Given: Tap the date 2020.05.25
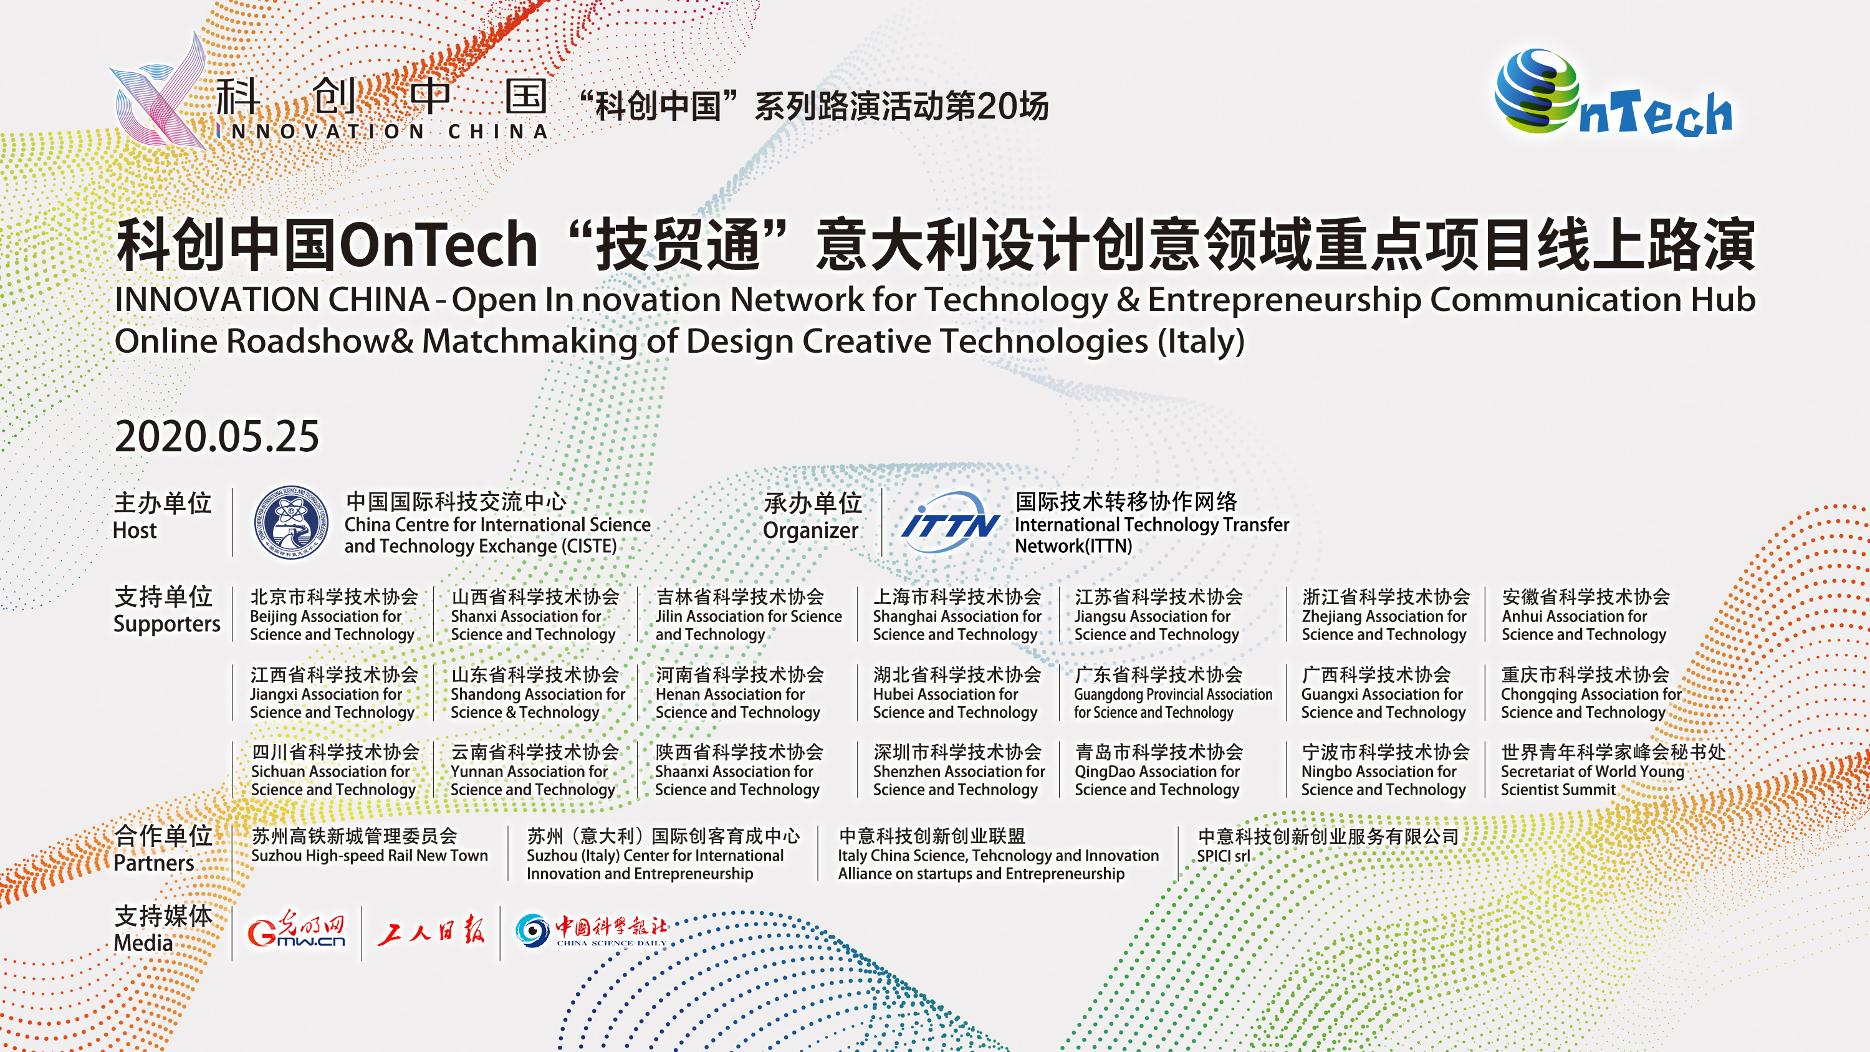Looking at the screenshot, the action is (x=217, y=436).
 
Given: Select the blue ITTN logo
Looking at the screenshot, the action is (x=950, y=523).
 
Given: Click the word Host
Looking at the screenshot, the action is (x=135, y=531).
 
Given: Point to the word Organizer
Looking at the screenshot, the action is (x=811, y=532).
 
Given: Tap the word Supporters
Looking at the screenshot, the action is (x=167, y=624).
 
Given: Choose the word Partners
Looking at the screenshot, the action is (x=154, y=863).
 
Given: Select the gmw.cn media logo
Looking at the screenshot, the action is (x=297, y=929).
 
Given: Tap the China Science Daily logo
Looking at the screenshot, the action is (x=591, y=930).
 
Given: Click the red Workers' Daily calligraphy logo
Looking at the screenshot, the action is (x=431, y=929).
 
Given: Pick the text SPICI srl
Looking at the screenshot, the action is (x=1224, y=856).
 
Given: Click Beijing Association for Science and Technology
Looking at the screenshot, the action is (x=332, y=625).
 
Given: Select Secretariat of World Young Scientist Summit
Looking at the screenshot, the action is (x=1592, y=780).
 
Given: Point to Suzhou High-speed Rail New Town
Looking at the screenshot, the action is (x=370, y=856).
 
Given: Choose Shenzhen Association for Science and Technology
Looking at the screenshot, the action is (x=959, y=780).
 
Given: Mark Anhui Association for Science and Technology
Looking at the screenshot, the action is (x=1584, y=625).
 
